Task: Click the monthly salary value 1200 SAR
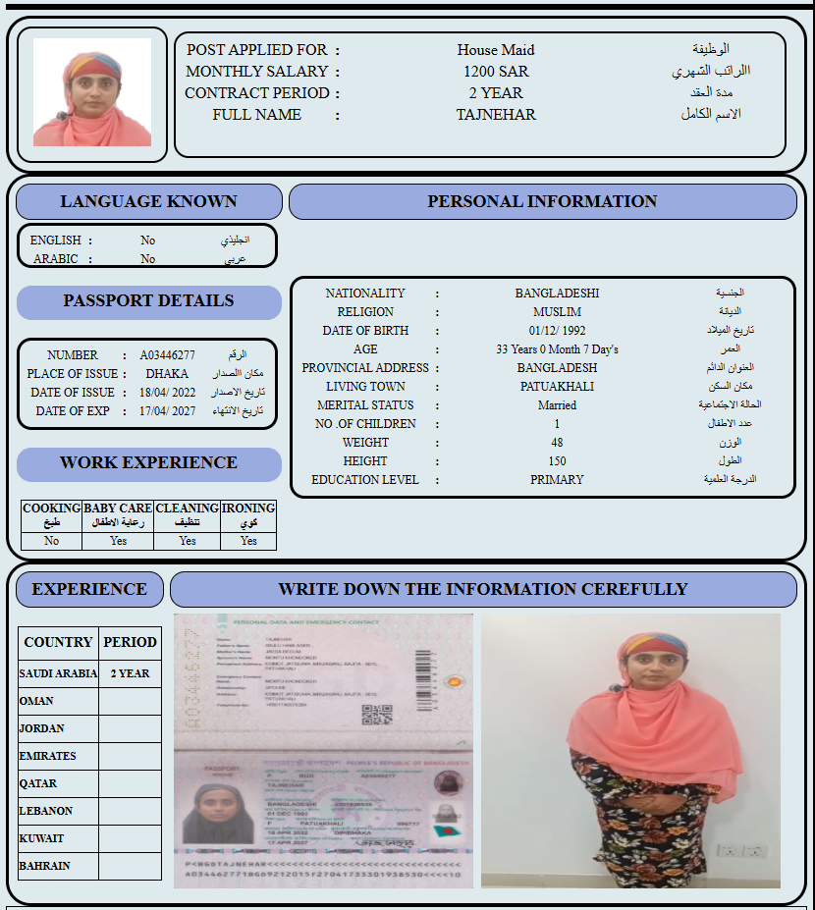click(x=496, y=72)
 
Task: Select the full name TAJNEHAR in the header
click(x=496, y=115)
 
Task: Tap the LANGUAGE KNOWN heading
click(x=148, y=201)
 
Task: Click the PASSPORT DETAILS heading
click(x=148, y=301)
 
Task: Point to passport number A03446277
click(x=167, y=355)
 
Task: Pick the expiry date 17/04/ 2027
click(x=167, y=411)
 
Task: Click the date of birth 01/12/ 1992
click(x=557, y=331)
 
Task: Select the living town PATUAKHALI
click(x=557, y=387)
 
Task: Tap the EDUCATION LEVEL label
click(x=364, y=480)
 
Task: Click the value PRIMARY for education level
click(x=557, y=480)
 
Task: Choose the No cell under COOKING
click(x=51, y=541)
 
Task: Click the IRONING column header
click(x=248, y=515)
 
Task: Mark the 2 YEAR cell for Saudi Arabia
click(x=130, y=673)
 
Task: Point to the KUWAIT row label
click(x=41, y=838)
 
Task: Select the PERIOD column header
click(x=130, y=642)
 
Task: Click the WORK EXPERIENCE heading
click(x=148, y=463)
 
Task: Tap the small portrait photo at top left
click(x=92, y=93)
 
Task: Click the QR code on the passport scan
click(x=369, y=714)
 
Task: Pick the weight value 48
click(x=557, y=443)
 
